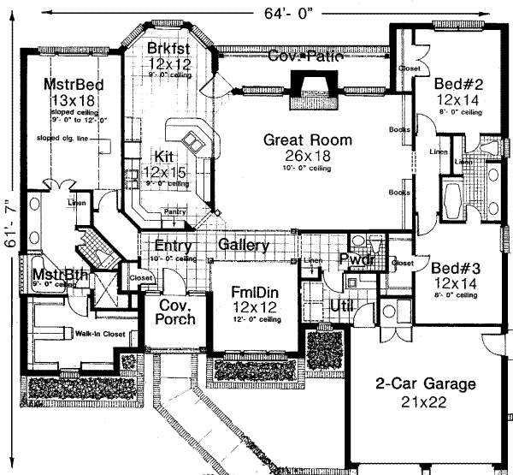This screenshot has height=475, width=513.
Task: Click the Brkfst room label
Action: [x=168, y=45]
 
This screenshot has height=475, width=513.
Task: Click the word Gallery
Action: [x=244, y=246]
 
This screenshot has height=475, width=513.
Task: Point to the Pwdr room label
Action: [x=354, y=258]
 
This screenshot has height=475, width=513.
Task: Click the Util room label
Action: [x=342, y=305]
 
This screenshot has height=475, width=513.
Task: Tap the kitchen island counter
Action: [x=191, y=141]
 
